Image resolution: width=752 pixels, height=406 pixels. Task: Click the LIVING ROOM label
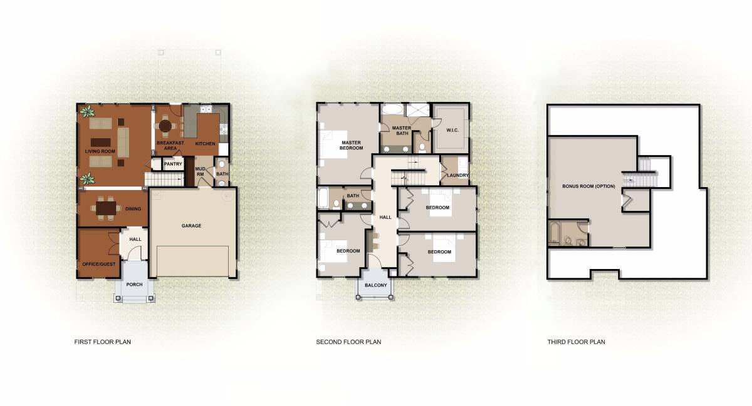[x=100, y=151]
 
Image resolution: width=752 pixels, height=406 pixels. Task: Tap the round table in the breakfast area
[x=165, y=126]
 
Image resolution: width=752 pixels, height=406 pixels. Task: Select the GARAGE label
[x=191, y=226]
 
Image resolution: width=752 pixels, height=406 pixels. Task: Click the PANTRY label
[x=172, y=165]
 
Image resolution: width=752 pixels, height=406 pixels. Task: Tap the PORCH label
[x=134, y=285]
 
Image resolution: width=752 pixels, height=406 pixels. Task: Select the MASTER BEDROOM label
[x=351, y=145]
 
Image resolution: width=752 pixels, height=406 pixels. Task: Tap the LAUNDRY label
[x=457, y=175]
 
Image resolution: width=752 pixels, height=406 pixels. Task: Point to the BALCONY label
[x=377, y=285]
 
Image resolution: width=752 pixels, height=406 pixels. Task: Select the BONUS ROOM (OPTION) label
[x=588, y=186]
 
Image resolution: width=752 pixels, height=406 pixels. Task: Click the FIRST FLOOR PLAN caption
[x=103, y=342]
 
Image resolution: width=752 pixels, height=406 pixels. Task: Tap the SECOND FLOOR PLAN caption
[x=348, y=342]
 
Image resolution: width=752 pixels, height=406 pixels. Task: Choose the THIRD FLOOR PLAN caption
[x=576, y=342]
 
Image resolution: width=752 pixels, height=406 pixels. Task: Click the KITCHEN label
[x=205, y=144]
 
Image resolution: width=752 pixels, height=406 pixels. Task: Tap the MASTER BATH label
[x=401, y=131]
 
